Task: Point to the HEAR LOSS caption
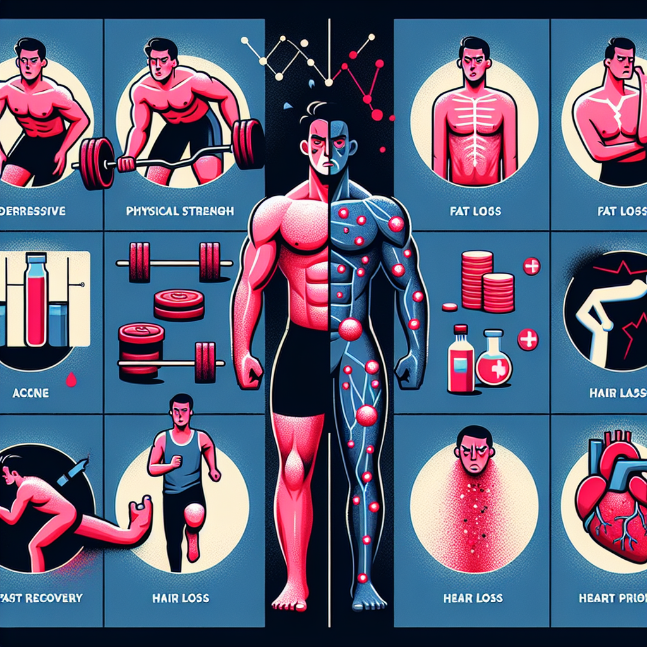[472, 598]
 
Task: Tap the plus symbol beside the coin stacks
[532, 266]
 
